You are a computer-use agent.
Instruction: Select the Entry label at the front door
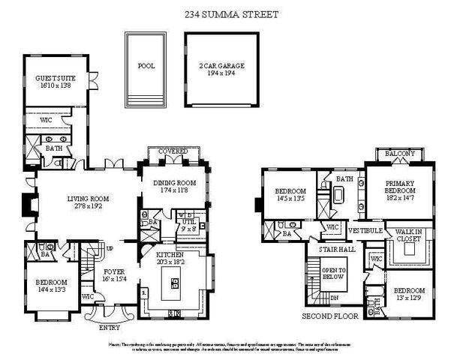click(112, 326)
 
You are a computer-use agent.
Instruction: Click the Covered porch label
click(173, 151)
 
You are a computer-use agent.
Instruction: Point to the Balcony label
click(399, 154)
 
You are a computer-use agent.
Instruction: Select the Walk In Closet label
click(410, 236)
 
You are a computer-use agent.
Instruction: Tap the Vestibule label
click(366, 230)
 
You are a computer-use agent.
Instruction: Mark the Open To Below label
click(334, 274)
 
